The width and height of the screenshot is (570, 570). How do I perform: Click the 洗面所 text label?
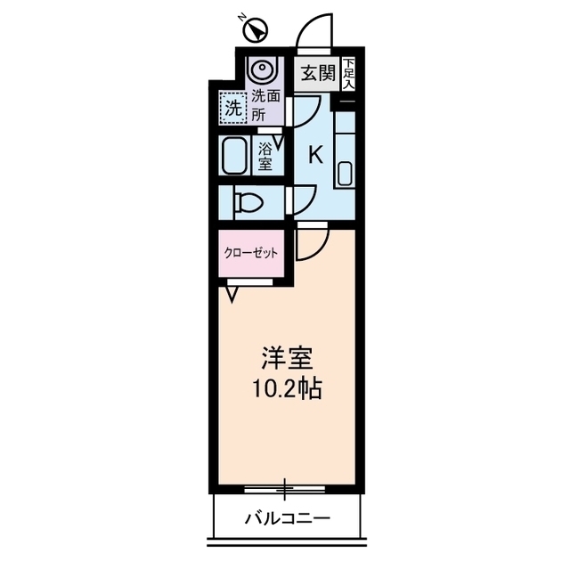click(x=263, y=105)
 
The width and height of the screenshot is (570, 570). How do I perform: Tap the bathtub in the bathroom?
click(x=234, y=157)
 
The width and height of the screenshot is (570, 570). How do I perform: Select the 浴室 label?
click(x=266, y=158)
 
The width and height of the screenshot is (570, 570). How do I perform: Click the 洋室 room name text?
click(x=285, y=358)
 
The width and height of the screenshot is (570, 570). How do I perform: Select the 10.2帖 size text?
click(x=285, y=388)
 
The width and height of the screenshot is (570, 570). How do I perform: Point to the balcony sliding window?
click(x=285, y=489)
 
